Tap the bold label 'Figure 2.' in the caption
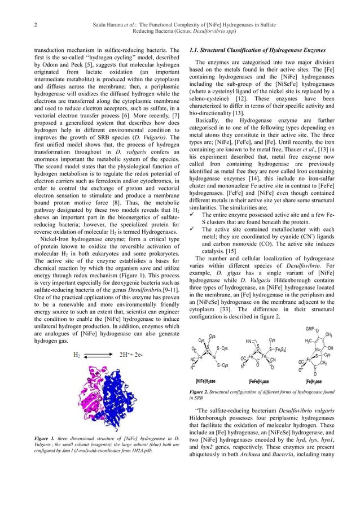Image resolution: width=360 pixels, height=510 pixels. point(200,390)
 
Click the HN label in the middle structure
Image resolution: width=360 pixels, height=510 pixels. point(249,341)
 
